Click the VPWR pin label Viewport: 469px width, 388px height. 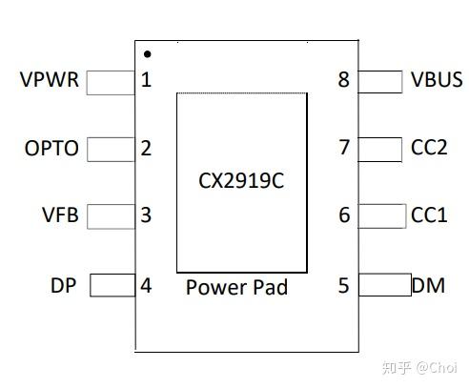[x=49, y=80]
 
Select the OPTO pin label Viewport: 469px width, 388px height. [x=51, y=149]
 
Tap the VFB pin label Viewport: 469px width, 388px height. [x=60, y=215]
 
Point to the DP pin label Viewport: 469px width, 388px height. [x=64, y=285]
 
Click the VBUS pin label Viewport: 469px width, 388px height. [x=437, y=80]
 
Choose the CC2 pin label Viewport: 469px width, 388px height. [x=429, y=149]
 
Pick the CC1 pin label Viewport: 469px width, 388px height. [x=429, y=215]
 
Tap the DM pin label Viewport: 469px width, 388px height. [x=429, y=285]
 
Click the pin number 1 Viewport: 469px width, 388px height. [x=146, y=80]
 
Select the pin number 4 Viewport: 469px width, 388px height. [x=146, y=285]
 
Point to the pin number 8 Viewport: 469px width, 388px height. [x=344, y=80]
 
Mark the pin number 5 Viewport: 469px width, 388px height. [x=344, y=285]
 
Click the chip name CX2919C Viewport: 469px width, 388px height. [x=241, y=180]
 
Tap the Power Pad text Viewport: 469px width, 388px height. [x=236, y=287]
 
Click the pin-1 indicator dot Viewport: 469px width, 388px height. [x=147, y=54]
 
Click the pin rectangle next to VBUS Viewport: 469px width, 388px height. [x=380, y=82]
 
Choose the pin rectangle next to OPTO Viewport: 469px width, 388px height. [x=111, y=150]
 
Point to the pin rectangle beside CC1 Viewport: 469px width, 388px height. [x=380, y=217]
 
